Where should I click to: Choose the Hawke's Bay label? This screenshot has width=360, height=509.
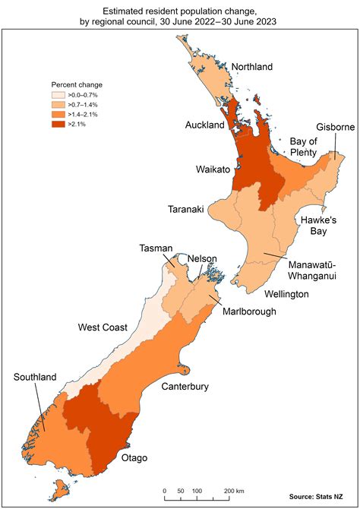coord(316,224)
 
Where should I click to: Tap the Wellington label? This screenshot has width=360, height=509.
coord(286,293)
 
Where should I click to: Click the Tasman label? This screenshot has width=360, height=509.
coord(156,248)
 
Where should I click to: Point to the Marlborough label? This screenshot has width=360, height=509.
coord(251,311)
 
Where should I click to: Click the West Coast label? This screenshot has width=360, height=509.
coord(103,327)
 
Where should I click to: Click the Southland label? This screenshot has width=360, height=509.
coord(34,377)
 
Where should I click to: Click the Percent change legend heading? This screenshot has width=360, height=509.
coord(77,84)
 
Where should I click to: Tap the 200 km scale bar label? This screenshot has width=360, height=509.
coord(234,492)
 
